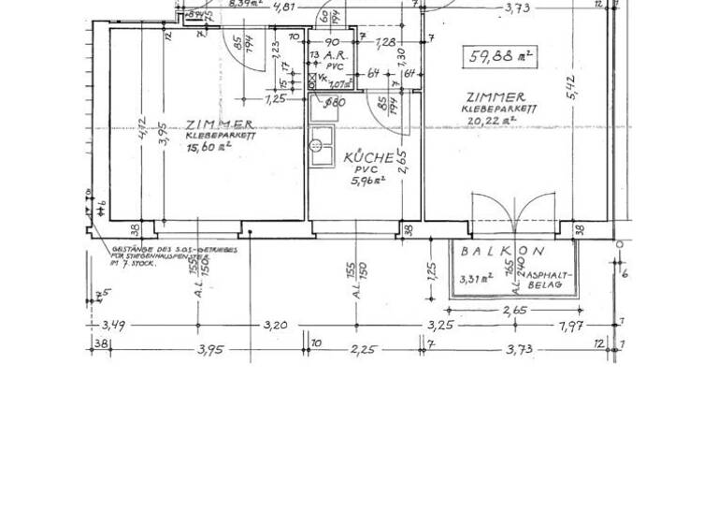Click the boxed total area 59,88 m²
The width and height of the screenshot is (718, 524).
pyautogui.click(x=500, y=57)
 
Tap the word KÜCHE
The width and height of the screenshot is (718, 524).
pyautogui.click(x=368, y=157)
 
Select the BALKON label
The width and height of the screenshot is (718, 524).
pyautogui.click(x=501, y=252)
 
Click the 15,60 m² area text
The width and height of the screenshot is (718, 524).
pyautogui.click(x=208, y=147)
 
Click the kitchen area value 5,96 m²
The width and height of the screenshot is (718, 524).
pyautogui.click(x=366, y=181)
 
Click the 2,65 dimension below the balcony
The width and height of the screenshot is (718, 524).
pyautogui.click(x=514, y=311)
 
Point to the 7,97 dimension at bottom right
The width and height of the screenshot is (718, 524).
pyautogui.click(x=571, y=326)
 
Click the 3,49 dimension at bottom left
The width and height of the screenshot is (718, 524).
pyautogui.click(x=112, y=326)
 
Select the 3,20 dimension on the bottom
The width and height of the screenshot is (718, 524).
pyautogui.click(x=275, y=326)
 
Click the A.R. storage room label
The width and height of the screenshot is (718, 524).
pyautogui.click(x=335, y=55)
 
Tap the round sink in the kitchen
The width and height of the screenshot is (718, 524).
pyautogui.click(x=317, y=146)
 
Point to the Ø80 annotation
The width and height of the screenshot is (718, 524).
pyautogui.click(x=334, y=103)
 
